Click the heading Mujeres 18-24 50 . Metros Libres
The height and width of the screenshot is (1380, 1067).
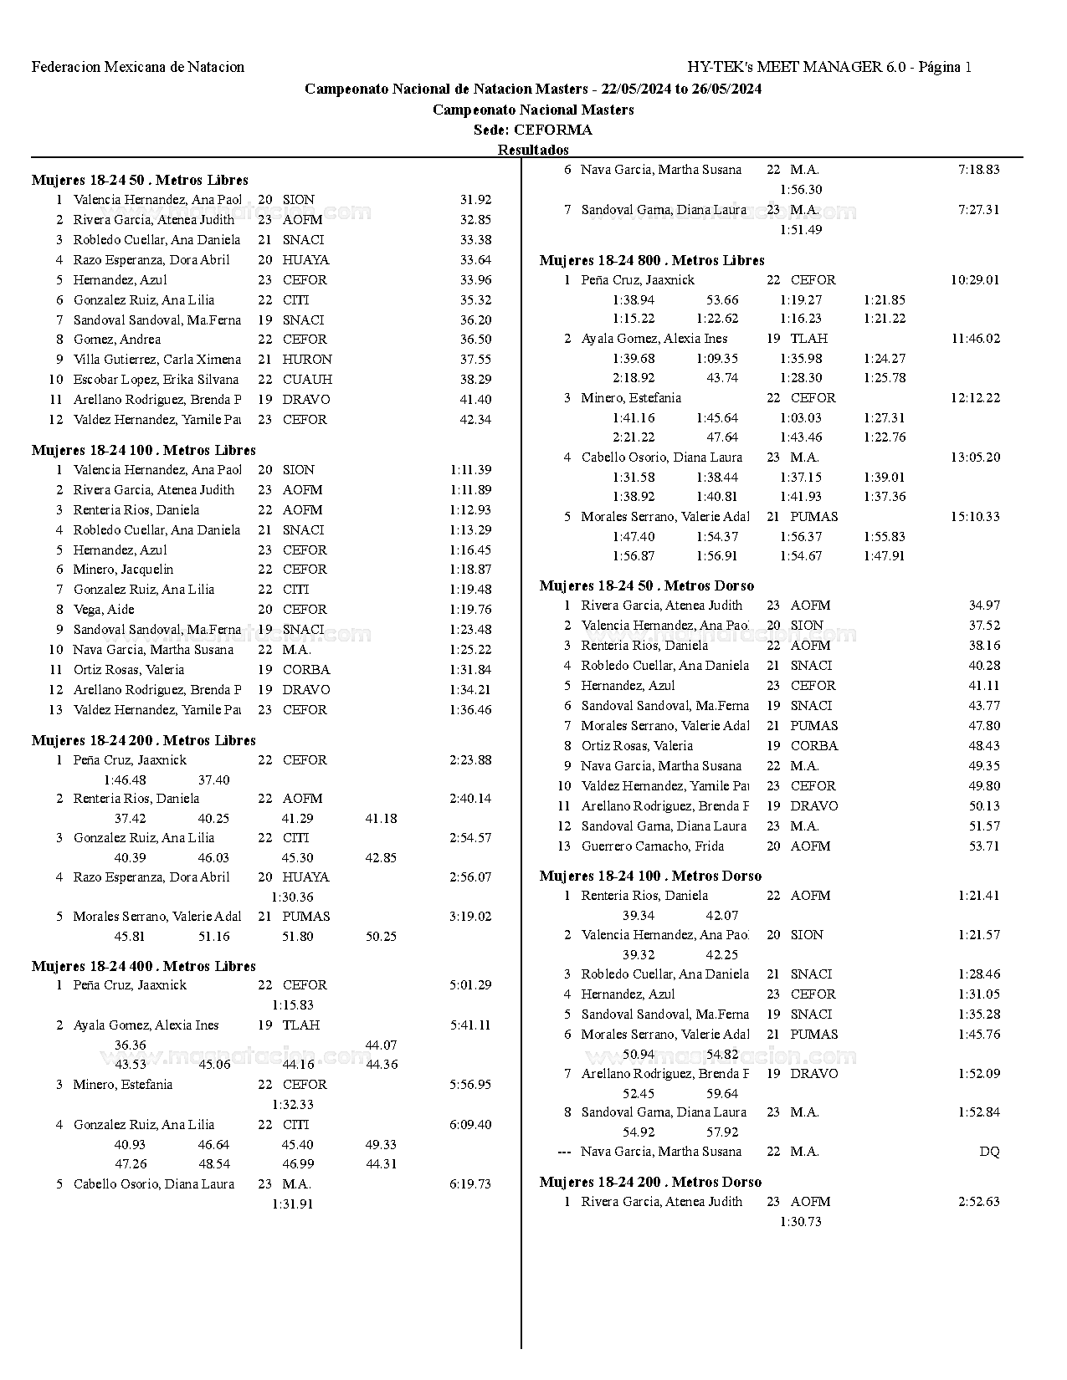[x=140, y=180]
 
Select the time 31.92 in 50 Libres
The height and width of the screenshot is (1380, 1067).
[x=475, y=200]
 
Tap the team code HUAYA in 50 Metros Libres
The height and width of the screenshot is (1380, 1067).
[x=305, y=260]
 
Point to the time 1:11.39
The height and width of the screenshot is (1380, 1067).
[x=470, y=470]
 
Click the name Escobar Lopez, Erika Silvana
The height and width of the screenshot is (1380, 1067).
[x=156, y=380]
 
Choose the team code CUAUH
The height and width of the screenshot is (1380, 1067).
[x=307, y=380]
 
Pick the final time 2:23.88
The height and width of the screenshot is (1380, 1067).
[x=470, y=760]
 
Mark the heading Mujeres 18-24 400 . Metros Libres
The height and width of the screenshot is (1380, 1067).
[x=143, y=966]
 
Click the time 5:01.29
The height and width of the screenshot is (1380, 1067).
[x=470, y=985]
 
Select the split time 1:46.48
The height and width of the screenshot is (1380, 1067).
[x=125, y=780]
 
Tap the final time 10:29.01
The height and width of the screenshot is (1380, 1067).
[x=975, y=280]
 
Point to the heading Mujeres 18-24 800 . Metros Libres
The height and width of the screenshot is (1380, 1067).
[x=652, y=260]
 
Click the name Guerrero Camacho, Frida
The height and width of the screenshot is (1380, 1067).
[x=653, y=846]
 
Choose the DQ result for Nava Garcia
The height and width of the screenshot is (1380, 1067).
[x=989, y=1152]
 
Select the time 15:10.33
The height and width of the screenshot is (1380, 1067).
[x=975, y=517]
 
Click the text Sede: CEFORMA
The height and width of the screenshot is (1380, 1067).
[x=532, y=130]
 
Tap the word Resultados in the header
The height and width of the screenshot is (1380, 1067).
[x=533, y=150]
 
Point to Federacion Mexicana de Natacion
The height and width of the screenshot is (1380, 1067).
[x=138, y=67]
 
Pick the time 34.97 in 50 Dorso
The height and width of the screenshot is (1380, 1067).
[x=984, y=606]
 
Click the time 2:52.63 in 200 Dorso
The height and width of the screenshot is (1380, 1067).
[x=979, y=1202]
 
